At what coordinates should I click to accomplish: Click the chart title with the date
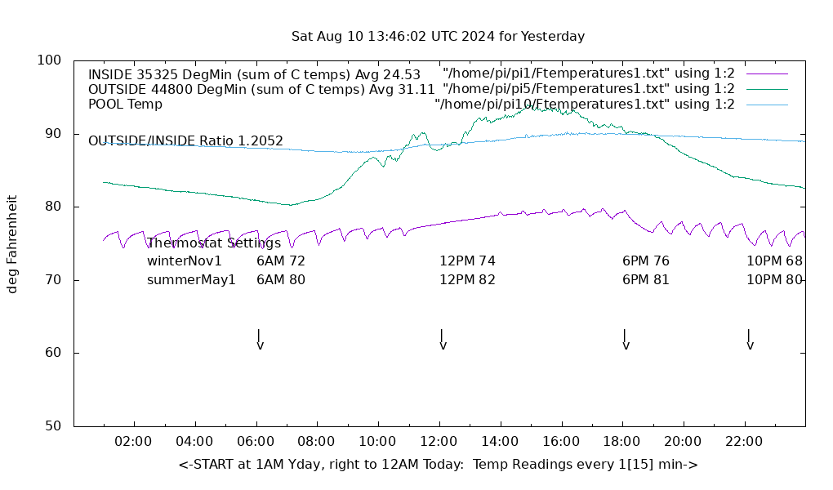click(438, 37)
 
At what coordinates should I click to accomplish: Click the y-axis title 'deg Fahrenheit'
click(12, 243)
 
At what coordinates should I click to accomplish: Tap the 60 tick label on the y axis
click(53, 353)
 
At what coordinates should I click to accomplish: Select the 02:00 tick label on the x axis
click(133, 442)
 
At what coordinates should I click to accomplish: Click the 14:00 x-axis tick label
click(500, 442)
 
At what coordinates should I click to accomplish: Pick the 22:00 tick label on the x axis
click(744, 442)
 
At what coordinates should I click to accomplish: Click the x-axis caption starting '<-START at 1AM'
click(438, 465)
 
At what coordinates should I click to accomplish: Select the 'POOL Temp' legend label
click(125, 105)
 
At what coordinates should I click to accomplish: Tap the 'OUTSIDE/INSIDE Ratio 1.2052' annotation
click(185, 141)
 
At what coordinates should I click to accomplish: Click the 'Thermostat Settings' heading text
click(213, 243)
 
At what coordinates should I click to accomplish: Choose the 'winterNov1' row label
click(184, 261)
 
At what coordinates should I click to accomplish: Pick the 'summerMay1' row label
click(191, 280)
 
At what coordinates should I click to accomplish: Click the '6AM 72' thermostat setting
click(281, 261)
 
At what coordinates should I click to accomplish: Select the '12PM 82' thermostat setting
click(467, 280)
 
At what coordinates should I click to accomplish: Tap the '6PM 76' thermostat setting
click(646, 261)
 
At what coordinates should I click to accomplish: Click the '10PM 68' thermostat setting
click(774, 261)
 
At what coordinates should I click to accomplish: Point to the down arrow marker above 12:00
click(442, 339)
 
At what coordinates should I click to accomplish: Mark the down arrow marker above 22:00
click(749, 339)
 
